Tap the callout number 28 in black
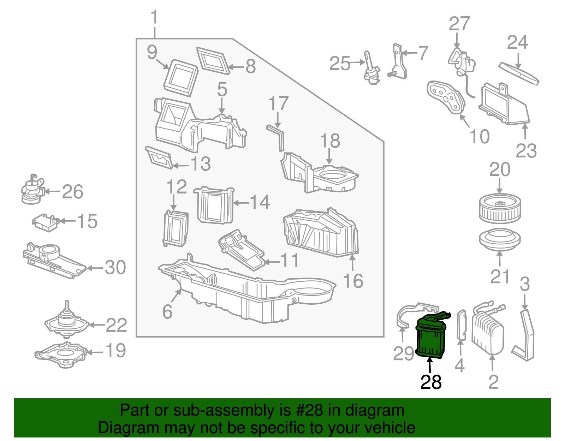click(431, 382)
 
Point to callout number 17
click(278, 103)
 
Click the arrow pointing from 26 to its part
click(53, 192)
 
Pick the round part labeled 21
click(500, 239)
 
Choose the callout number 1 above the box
click(155, 17)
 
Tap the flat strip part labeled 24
click(519, 73)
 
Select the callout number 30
click(115, 267)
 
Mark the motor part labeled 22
click(66, 320)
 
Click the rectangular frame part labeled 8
click(213, 61)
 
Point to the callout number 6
click(167, 311)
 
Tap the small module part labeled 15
click(46, 223)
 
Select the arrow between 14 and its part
click(242, 203)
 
